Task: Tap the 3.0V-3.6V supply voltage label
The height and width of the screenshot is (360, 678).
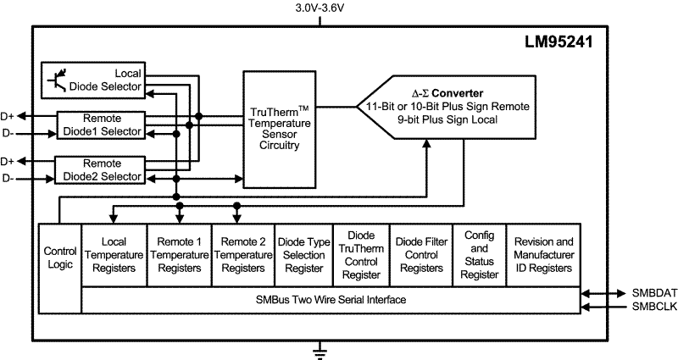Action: pyautogui.click(x=320, y=8)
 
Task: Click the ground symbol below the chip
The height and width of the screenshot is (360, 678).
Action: pyautogui.click(x=320, y=347)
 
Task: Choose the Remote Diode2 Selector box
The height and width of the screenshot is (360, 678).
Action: pyautogui.click(x=101, y=169)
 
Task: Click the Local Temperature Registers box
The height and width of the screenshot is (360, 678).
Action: pyautogui.click(x=114, y=255)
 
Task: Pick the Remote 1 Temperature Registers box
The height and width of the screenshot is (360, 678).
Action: pyautogui.click(x=179, y=255)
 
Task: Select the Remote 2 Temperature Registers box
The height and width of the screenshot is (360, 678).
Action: pyautogui.click(x=242, y=255)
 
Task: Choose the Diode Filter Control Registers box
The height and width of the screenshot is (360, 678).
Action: pyautogui.click(x=420, y=255)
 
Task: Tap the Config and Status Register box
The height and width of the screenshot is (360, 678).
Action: pyautogui.click(x=480, y=255)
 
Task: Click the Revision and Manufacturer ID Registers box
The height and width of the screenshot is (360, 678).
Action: pyautogui.click(x=543, y=255)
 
